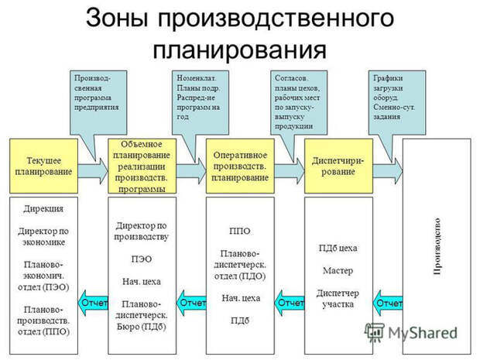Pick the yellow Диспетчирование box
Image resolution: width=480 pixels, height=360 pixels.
[338, 166]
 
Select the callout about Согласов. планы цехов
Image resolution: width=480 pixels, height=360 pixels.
[297, 101]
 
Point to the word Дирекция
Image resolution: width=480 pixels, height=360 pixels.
[43, 209]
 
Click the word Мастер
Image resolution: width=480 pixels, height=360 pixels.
[338, 270]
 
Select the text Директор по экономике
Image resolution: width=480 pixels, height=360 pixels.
[43, 236]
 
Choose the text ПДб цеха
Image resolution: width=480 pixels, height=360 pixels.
[338, 248]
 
